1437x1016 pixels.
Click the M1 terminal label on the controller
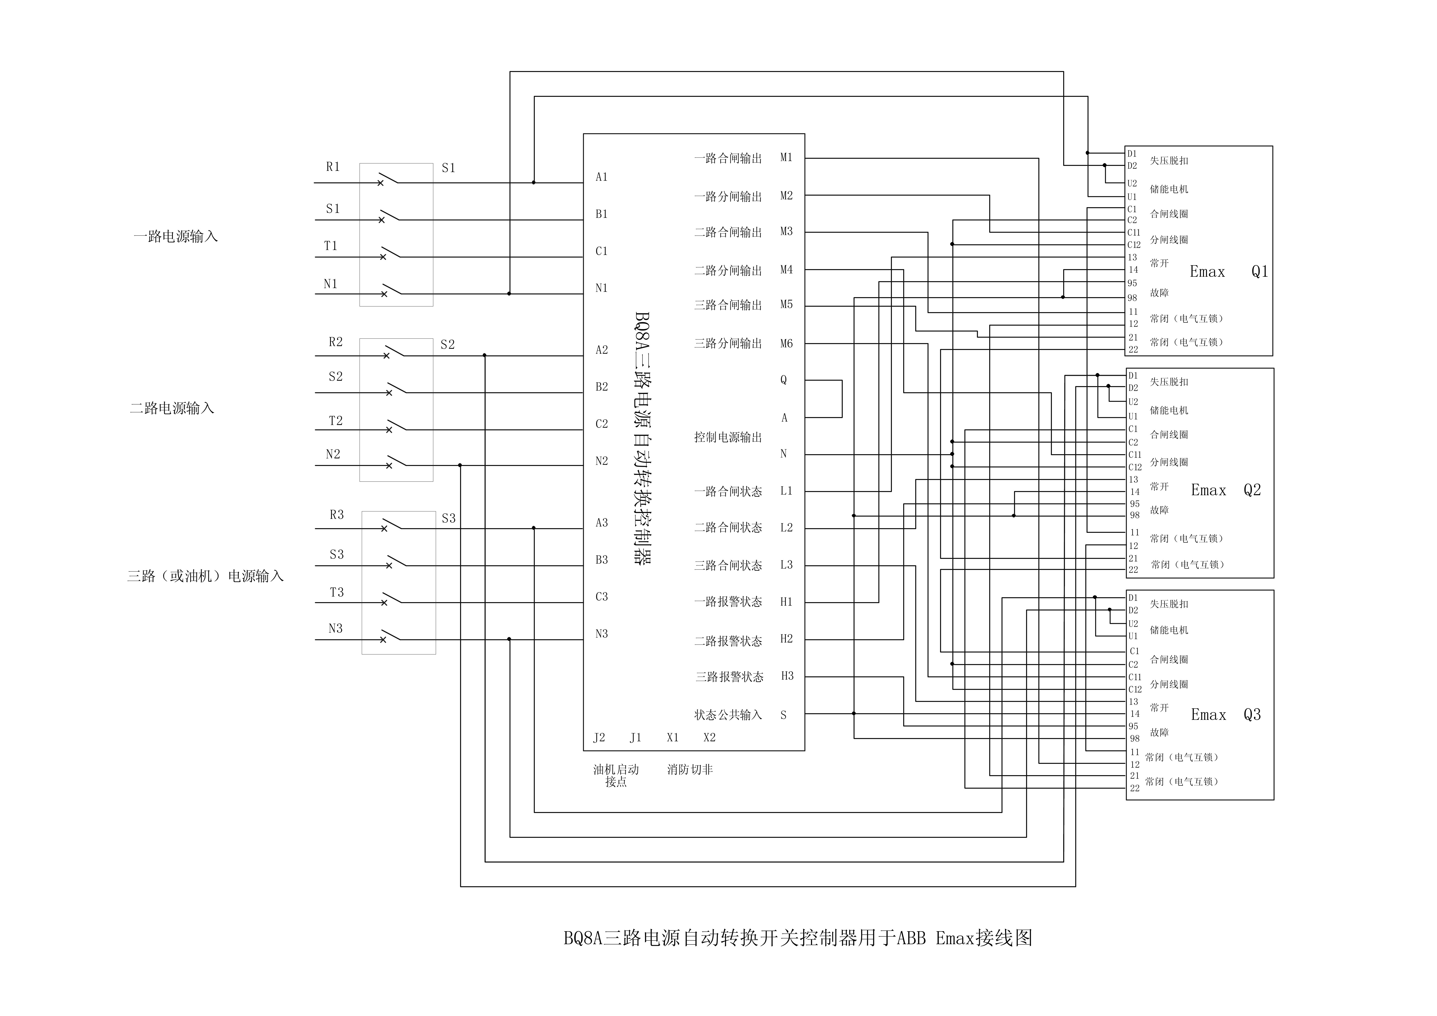click(786, 158)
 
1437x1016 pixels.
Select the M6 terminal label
click(786, 344)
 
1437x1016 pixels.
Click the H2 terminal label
click(786, 639)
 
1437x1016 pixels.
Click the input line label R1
click(333, 167)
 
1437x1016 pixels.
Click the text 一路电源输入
click(176, 237)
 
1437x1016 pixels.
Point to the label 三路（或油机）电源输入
click(205, 577)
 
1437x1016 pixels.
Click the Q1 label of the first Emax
click(1259, 272)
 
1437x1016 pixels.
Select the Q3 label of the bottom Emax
click(1252, 715)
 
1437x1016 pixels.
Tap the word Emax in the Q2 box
click(1208, 490)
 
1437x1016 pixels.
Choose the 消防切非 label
click(690, 770)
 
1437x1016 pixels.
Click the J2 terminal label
click(599, 738)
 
